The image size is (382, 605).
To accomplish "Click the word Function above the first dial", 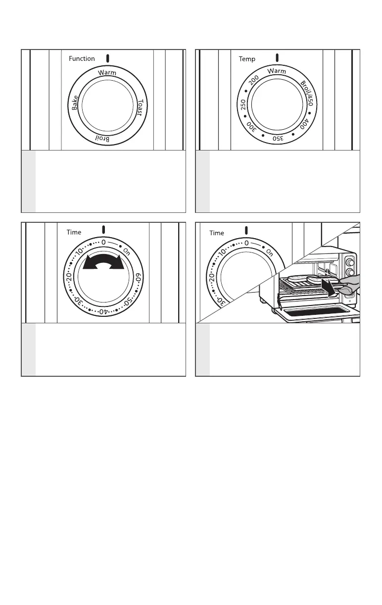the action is point(82,58).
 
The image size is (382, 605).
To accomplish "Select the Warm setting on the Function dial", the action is point(107,73).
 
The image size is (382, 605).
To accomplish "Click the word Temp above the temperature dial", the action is point(247,59).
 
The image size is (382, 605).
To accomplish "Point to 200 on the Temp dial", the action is point(254,80).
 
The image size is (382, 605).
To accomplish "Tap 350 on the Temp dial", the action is point(278,139).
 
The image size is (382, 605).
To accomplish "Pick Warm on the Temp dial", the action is point(277,71).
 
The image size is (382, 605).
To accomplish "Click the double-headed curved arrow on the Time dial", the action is point(103,262).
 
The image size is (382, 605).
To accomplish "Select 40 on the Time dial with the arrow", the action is point(102,312).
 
